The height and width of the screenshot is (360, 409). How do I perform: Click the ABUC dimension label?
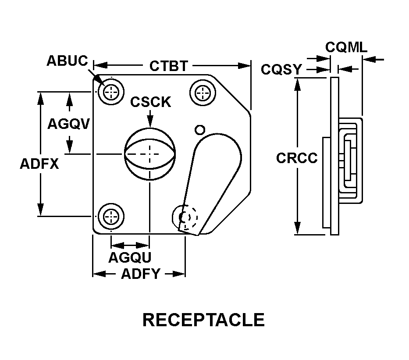pos(67,61)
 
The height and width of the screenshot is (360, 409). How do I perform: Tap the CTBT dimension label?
pos(168,66)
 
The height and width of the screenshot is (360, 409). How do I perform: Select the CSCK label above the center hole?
pos(150,102)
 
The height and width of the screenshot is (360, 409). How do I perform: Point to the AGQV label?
pos(68,124)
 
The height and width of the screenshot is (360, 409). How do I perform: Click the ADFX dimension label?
pos(39,164)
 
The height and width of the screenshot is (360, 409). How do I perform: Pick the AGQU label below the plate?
pos(130,257)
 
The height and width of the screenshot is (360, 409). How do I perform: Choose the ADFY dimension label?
pos(140,274)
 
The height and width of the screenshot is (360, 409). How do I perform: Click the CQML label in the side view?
pos(346,47)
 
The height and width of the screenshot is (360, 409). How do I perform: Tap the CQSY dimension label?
pos(281,69)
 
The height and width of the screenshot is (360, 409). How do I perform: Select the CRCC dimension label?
pos(296,158)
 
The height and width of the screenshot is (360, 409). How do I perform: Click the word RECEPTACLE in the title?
pos(203,320)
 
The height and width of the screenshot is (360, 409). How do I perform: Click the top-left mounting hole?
pos(111,92)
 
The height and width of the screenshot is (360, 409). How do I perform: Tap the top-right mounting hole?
pos(203,92)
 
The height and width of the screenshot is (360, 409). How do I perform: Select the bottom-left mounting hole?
pos(111,217)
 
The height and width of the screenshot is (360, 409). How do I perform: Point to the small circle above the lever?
pos(200,129)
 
